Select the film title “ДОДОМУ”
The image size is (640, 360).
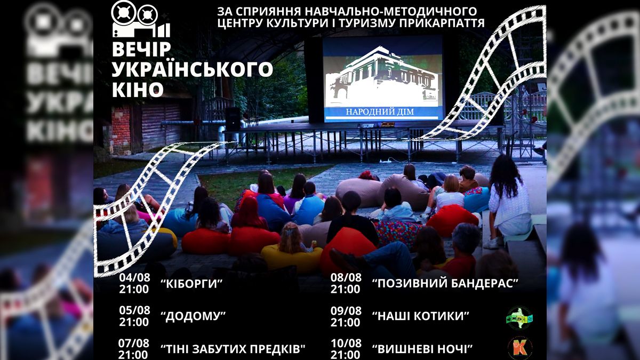point(193,316)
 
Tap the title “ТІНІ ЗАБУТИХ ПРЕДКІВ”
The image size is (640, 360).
point(233,349)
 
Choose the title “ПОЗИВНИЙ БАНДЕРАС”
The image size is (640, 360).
point(445,283)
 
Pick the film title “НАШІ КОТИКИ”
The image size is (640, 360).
point(421,316)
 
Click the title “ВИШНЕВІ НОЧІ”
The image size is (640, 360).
point(423,349)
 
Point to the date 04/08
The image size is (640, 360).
point(134,277)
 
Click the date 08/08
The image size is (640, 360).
point(346,277)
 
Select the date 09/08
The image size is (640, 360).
point(346,310)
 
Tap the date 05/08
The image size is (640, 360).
point(134,310)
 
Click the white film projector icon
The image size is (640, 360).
point(140,19)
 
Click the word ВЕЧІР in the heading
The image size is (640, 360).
point(141,50)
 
